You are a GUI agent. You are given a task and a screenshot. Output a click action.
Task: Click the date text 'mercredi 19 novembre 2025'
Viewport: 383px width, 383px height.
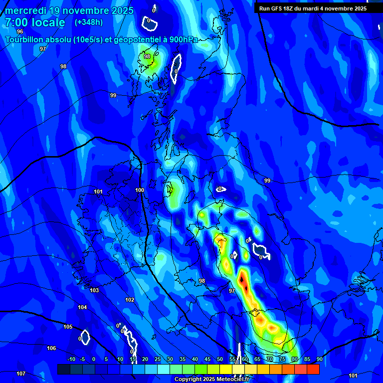click(69, 10)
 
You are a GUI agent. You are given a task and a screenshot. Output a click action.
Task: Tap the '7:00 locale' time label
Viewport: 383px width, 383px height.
click(35, 22)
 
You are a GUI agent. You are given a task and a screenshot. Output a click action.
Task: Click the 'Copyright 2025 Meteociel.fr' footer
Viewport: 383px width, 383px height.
click(211, 380)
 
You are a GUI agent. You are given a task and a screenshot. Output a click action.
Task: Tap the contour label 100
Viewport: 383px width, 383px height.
click(140, 190)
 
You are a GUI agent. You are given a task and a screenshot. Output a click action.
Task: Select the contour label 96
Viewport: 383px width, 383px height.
click(20, 31)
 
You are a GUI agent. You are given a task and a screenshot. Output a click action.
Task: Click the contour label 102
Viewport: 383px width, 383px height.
click(130, 300)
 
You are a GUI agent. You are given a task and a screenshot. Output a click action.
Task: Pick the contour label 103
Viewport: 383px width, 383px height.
click(94, 290)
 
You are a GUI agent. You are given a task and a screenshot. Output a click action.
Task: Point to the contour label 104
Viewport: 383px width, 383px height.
click(82, 307)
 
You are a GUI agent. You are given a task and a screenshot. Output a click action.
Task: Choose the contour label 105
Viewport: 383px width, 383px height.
click(68, 327)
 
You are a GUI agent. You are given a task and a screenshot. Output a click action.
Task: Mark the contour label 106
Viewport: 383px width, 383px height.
click(51, 348)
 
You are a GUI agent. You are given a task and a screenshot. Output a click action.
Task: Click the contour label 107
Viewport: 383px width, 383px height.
click(21, 374)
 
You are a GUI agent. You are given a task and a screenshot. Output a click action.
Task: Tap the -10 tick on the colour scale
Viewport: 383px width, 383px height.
click(71, 359)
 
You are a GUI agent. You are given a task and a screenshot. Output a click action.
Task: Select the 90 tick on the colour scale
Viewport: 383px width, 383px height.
click(319, 359)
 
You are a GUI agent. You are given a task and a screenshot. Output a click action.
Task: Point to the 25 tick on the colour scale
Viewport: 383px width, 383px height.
click(157, 359)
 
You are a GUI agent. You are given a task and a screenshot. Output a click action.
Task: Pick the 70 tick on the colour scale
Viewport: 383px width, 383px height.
click(269, 359)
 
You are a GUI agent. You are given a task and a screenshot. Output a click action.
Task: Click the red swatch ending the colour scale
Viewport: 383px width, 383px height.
click(313, 369)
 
